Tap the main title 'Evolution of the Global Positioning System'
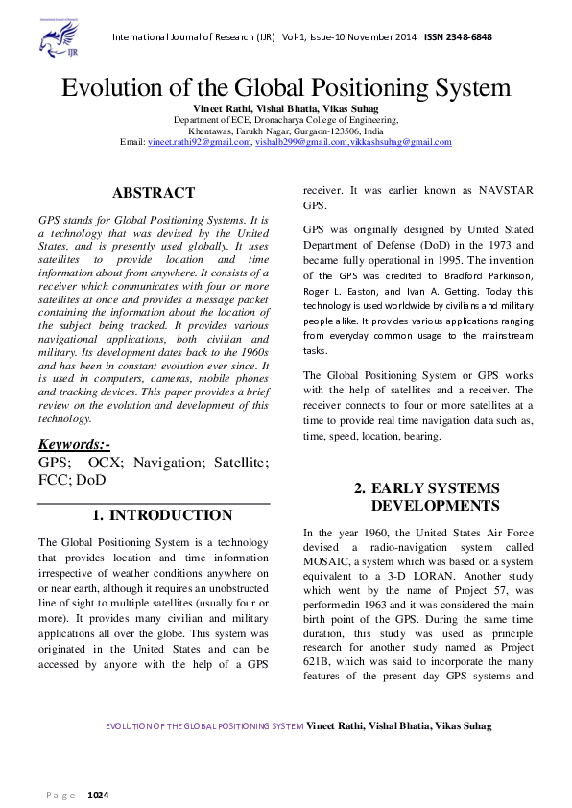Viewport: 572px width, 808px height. pos(286,88)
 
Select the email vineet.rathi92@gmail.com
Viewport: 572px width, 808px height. pos(199,142)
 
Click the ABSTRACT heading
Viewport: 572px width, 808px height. pos(154,193)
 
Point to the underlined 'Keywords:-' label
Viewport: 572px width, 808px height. pos(75,444)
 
